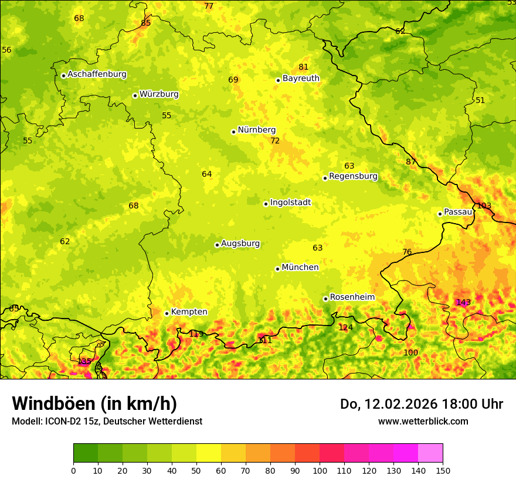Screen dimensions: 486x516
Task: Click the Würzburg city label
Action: pyautogui.click(x=158, y=94)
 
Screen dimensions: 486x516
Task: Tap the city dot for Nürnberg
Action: pyautogui.click(x=233, y=132)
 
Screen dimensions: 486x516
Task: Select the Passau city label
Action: pyautogui.click(x=457, y=212)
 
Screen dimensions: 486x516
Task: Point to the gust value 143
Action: pyautogui.click(x=463, y=302)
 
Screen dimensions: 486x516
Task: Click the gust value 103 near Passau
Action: pyautogui.click(x=484, y=206)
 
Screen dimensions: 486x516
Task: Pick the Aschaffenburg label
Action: pyautogui.click(x=97, y=74)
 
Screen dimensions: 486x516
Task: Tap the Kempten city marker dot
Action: pyautogui.click(x=167, y=313)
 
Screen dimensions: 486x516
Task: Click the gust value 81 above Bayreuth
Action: pyautogui.click(x=303, y=67)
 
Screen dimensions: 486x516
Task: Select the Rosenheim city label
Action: pyautogui.click(x=352, y=297)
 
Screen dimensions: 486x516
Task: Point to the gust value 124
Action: pyautogui.click(x=346, y=327)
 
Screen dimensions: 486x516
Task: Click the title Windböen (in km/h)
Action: pyautogui.click(x=94, y=403)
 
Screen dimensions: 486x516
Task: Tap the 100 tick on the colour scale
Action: pyautogui.click(x=320, y=470)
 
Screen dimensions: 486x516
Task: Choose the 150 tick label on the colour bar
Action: pyautogui.click(x=443, y=470)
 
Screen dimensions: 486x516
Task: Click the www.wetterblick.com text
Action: pyautogui.click(x=423, y=421)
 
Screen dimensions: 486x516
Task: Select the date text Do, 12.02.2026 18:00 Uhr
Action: pyautogui.click(x=421, y=404)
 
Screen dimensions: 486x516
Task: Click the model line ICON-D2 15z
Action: pyautogui.click(x=107, y=421)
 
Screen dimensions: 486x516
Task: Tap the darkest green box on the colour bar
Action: pyautogui.click(x=86, y=453)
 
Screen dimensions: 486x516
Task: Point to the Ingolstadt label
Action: pyautogui.click(x=290, y=203)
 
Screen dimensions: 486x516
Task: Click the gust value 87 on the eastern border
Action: pyautogui.click(x=411, y=162)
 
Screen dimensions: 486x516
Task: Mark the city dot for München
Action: pyautogui.click(x=277, y=269)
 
